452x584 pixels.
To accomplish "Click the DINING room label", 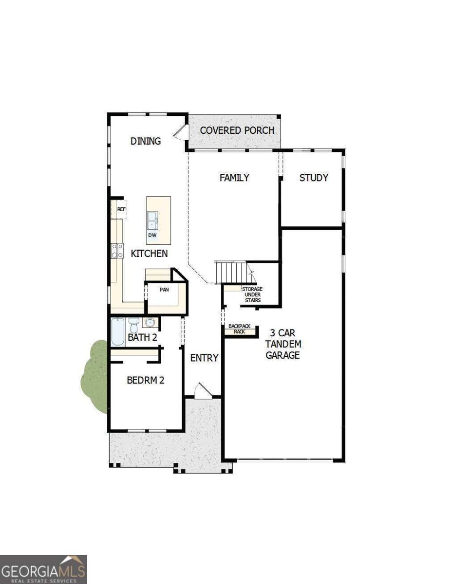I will tap(146, 141).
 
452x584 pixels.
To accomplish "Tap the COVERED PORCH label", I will tap(237, 130).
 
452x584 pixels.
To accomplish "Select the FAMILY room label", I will tap(234, 178).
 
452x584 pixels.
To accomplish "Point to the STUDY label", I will tap(313, 178).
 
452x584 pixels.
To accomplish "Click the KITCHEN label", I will tap(150, 253).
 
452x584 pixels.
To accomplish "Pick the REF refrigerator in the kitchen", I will tap(121, 210).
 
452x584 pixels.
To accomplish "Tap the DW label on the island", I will tap(152, 236).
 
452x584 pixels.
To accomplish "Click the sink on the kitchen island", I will tap(152, 220).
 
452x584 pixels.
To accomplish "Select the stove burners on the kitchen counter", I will tap(117, 250).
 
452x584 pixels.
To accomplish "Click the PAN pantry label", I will tap(165, 289).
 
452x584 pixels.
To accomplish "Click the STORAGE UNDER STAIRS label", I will tap(252, 294).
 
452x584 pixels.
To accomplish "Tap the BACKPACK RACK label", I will tap(239, 328).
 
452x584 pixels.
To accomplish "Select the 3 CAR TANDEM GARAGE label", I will tap(285, 344).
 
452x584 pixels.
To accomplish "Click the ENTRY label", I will tap(204, 358).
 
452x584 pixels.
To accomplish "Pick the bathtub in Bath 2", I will tap(118, 331).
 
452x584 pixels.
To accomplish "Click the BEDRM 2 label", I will tap(146, 380).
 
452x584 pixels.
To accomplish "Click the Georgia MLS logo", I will tap(43, 569).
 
